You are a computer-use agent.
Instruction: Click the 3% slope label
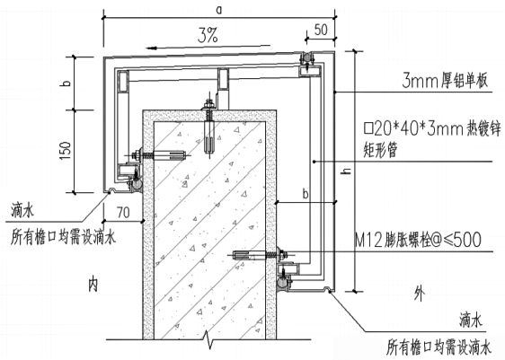[x=208, y=35]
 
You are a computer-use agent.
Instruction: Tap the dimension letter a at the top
[x=219, y=10]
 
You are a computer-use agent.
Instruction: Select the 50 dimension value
[x=321, y=30]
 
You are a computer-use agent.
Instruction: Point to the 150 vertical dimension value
[x=66, y=151]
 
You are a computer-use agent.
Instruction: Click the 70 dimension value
[x=123, y=213]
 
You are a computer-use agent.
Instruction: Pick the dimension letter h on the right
[x=347, y=171]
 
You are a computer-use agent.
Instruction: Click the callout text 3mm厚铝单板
[x=445, y=81]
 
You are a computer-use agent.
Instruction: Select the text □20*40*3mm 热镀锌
[x=432, y=129]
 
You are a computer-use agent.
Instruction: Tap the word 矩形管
[x=381, y=150]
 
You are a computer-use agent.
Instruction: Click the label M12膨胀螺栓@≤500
[x=418, y=240]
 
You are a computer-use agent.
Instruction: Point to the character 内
[x=93, y=285]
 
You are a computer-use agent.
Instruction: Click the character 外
[x=419, y=294]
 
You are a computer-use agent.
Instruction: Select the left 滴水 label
[x=22, y=211]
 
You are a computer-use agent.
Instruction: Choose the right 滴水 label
[x=471, y=320]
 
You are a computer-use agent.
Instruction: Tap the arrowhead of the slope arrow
[x=151, y=48]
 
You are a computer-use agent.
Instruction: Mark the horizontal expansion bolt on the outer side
[x=260, y=256]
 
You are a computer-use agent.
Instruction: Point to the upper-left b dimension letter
[x=66, y=83]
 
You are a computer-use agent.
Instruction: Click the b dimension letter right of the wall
[x=306, y=194]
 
